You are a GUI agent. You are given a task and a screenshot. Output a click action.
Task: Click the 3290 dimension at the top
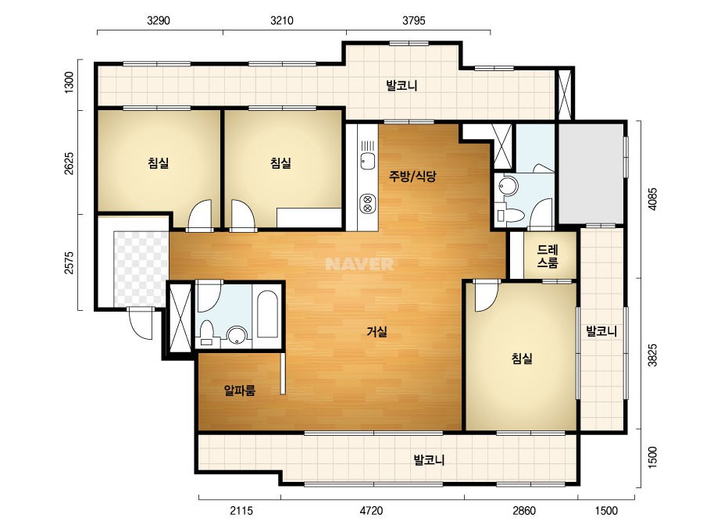(159, 20)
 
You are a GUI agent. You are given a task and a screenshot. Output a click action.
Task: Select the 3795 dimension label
(414, 20)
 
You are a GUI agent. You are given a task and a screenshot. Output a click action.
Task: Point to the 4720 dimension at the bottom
(371, 511)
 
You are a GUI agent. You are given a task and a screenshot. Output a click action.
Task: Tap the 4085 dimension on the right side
(652, 198)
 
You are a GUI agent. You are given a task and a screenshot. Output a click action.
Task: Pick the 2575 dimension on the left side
(69, 262)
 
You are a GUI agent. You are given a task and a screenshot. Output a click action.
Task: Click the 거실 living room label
(377, 331)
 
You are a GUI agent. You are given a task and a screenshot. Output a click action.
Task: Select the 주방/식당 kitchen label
(412, 177)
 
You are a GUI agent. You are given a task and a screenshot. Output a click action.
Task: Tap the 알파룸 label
(240, 391)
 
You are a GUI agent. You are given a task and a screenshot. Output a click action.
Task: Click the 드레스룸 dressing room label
(548, 256)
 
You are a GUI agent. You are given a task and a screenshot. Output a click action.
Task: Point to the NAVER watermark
(359, 264)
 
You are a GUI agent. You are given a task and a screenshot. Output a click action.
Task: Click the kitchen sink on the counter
(367, 161)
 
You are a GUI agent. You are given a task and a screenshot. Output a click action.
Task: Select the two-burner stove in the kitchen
(367, 204)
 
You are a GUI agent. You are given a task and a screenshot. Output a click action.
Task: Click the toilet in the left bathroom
(206, 332)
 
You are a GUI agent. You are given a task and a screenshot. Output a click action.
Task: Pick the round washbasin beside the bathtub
(237, 335)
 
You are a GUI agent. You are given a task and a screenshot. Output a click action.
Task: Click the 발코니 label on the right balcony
(601, 331)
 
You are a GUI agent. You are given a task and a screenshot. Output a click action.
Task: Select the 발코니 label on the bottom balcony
(429, 460)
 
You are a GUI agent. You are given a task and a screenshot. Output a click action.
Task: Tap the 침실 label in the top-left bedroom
(158, 162)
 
